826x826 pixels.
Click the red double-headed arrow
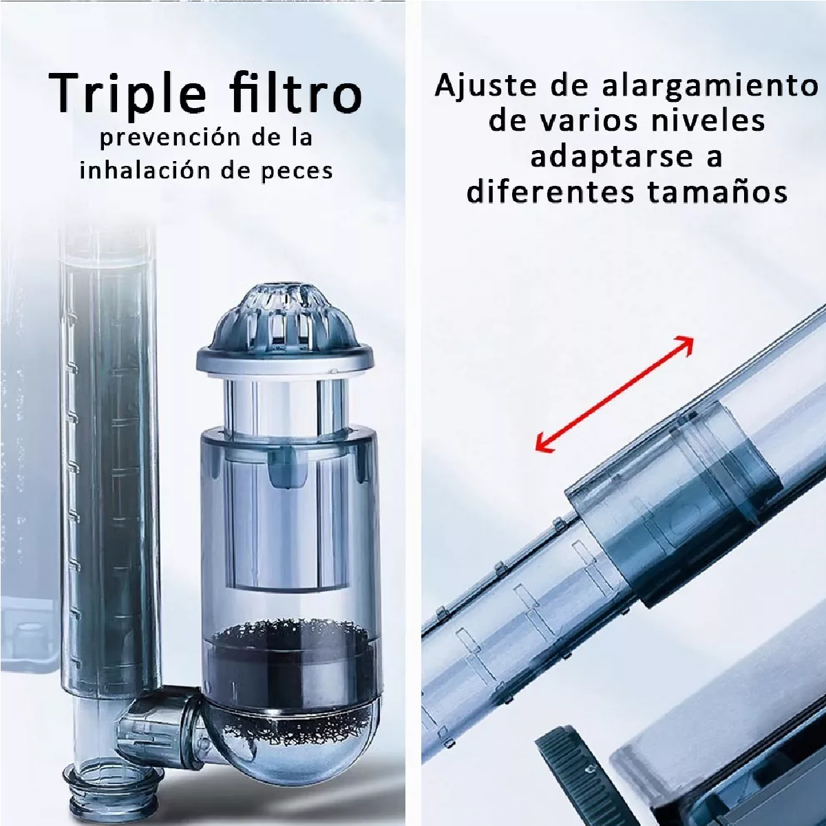coord(614,394)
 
